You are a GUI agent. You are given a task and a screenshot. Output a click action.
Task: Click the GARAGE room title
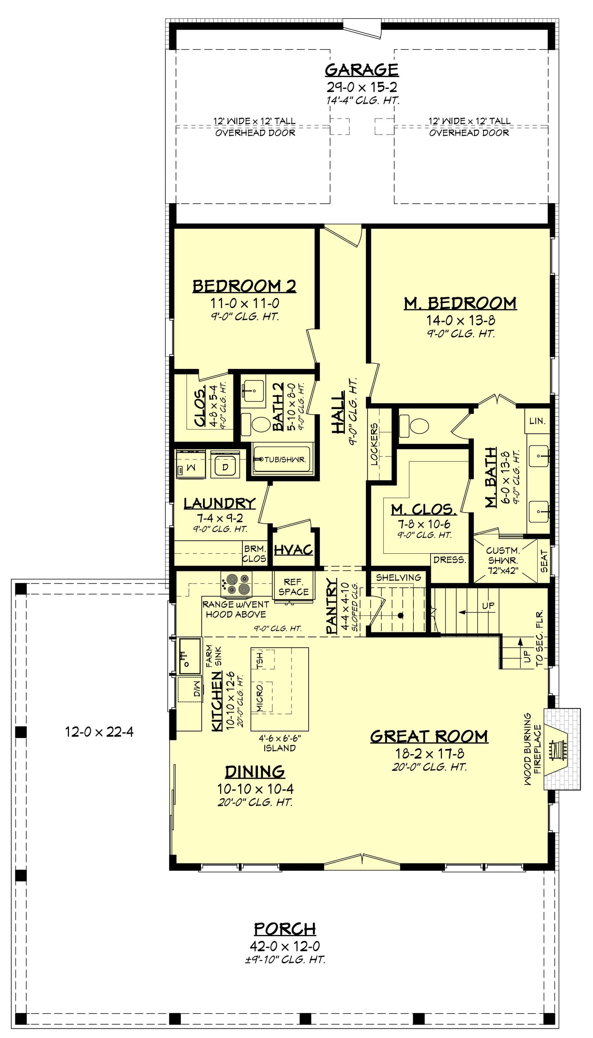click(361, 70)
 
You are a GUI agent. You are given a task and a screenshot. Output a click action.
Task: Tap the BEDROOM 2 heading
click(244, 286)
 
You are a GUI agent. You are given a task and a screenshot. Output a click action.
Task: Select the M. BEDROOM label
click(460, 304)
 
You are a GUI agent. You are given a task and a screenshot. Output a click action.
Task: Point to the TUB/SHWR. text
click(285, 460)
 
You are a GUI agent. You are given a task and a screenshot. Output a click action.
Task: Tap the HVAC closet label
click(293, 550)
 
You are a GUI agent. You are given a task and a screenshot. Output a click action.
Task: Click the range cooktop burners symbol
click(236, 584)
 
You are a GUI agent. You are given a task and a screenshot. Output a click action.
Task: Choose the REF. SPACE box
click(293, 587)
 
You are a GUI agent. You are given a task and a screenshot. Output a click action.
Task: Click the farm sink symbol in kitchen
click(190, 656)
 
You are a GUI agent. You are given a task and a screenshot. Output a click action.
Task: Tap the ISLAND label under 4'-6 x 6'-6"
click(279, 748)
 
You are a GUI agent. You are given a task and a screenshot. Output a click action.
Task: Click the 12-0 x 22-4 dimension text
click(99, 732)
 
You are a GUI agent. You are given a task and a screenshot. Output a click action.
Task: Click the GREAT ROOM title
click(429, 736)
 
